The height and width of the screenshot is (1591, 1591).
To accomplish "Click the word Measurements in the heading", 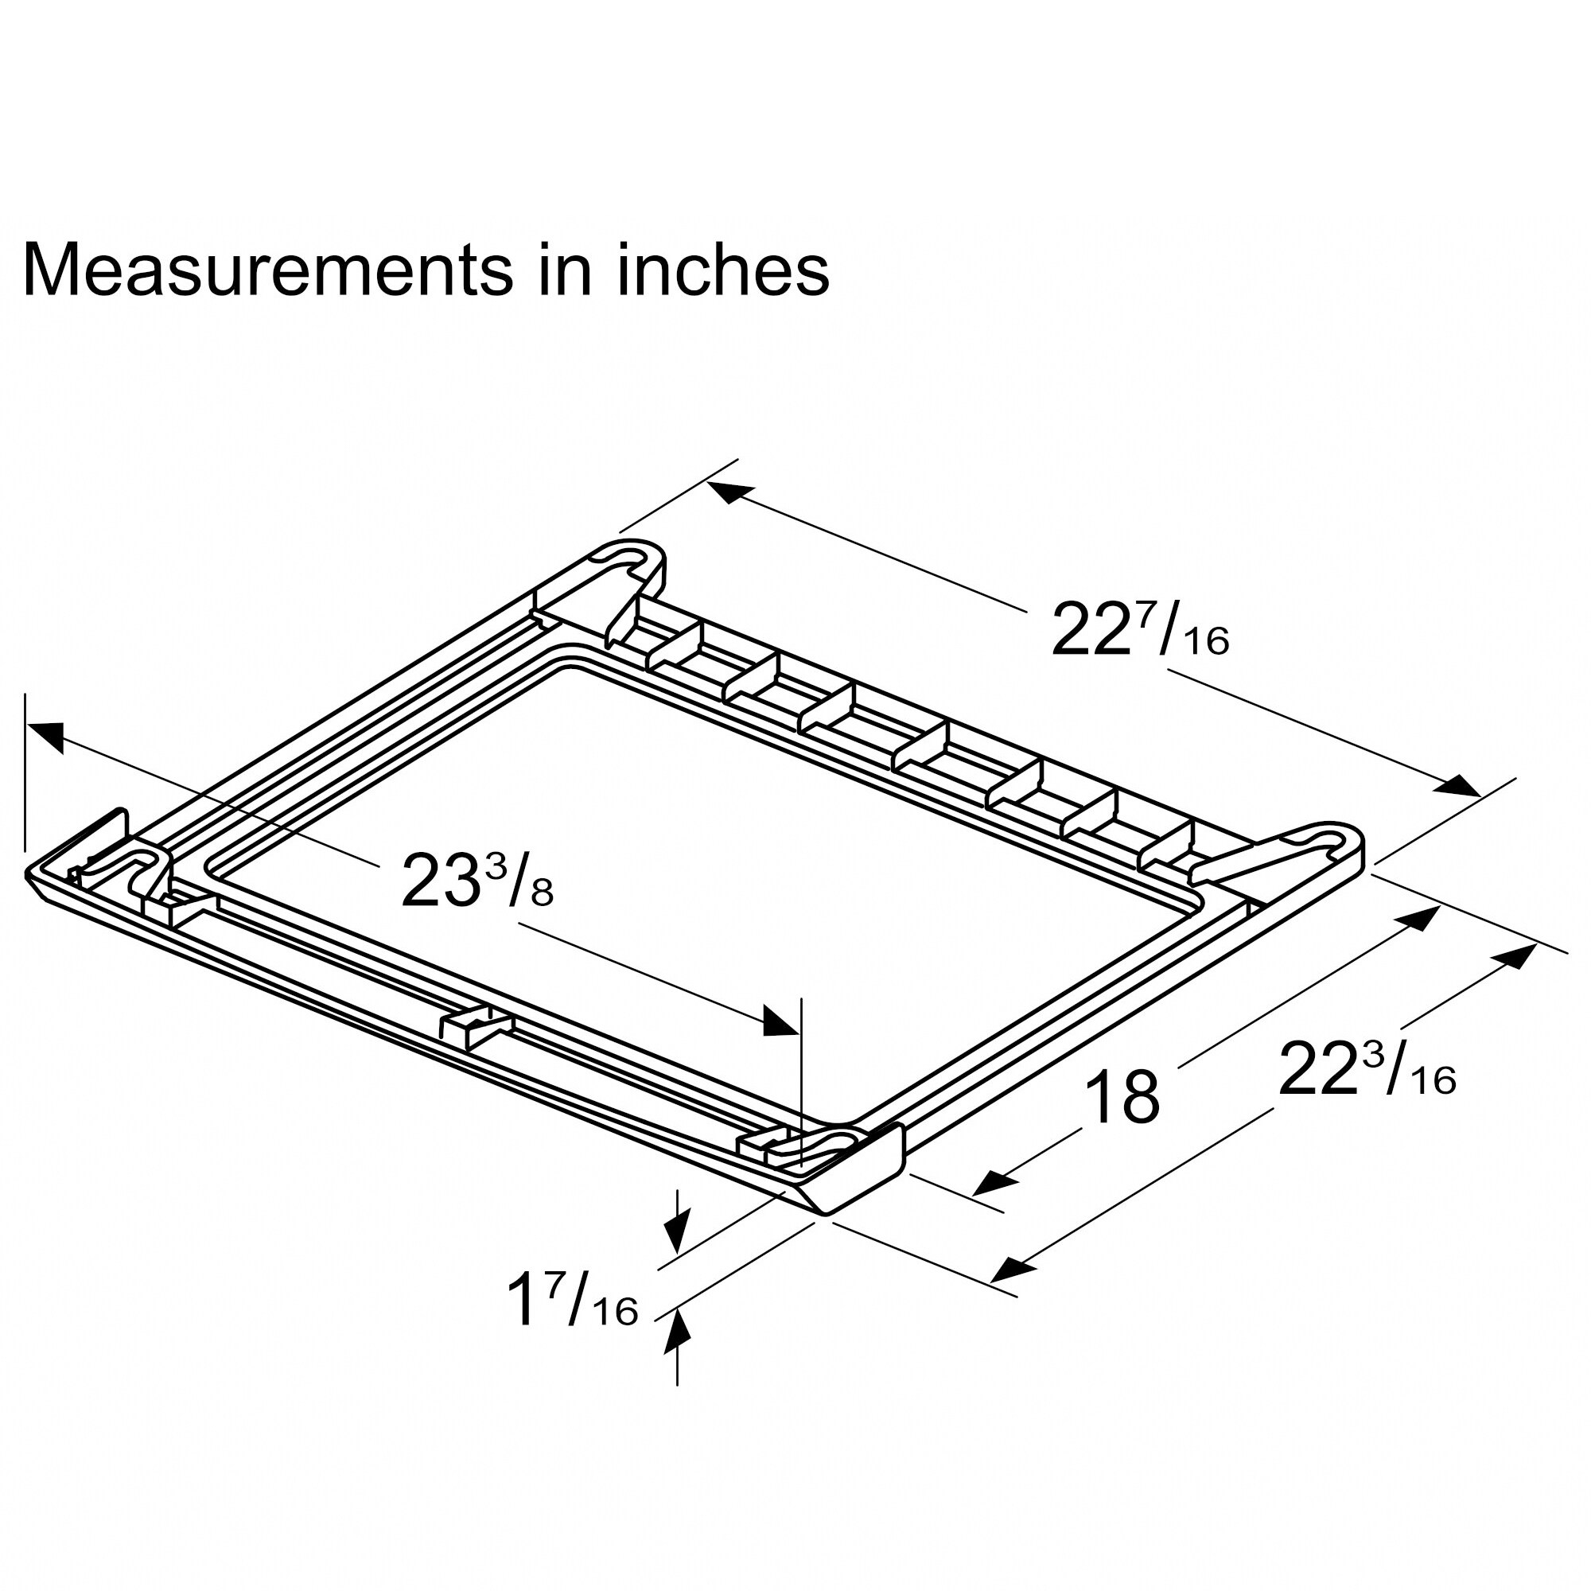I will [x=267, y=270].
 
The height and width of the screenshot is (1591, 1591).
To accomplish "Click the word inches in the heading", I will [x=722, y=270].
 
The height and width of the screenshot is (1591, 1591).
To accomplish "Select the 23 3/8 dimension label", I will [x=477, y=881].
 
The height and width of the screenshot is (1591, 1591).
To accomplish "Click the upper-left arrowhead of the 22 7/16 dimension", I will [x=729, y=492].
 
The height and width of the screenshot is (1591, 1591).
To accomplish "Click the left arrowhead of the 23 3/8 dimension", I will [x=47, y=734].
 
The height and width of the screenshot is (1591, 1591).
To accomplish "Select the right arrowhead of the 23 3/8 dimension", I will [x=779, y=1024].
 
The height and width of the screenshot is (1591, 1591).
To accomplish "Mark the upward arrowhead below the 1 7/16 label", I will [x=676, y=1332].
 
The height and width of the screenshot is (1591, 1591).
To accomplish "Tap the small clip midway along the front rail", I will [x=476, y=1029].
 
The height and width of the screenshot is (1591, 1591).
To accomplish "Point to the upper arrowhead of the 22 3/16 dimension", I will [x=1517, y=955].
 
